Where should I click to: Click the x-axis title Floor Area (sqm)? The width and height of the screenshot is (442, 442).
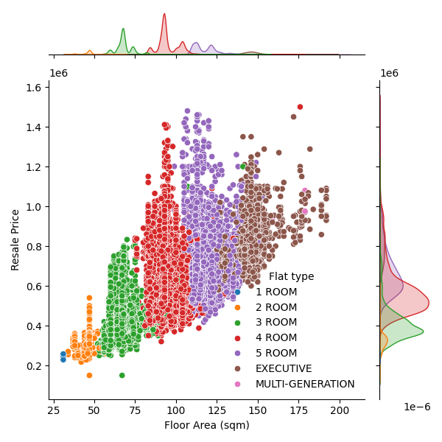pyautogui.click(x=206, y=425)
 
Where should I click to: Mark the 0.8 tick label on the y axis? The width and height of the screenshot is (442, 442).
pyautogui.click(x=34, y=247)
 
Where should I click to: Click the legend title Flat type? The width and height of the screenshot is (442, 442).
pyautogui.click(x=291, y=276)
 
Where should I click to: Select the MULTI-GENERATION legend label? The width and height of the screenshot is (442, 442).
pyautogui.click(x=305, y=384)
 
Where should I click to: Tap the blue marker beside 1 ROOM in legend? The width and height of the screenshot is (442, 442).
pyautogui.click(x=237, y=292)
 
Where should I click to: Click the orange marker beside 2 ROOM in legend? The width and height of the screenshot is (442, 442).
pyautogui.click(x=237, y=307)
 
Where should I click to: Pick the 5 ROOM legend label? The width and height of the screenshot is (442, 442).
pyautogui.click(x=276, y=353)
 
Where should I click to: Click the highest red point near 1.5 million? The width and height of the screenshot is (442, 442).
pyautogui.click(x=300, y=107)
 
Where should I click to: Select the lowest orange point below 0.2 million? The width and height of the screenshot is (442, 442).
pyautogui.click(x=89, y=375)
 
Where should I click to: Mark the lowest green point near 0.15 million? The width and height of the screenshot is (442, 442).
pyautogui.click(x=122, y=375)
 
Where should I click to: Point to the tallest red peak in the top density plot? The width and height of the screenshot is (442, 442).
pyautogui.click(x=164, y=14)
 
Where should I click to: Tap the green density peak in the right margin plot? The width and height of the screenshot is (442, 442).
pyautogui.click(x=423, y=331)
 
